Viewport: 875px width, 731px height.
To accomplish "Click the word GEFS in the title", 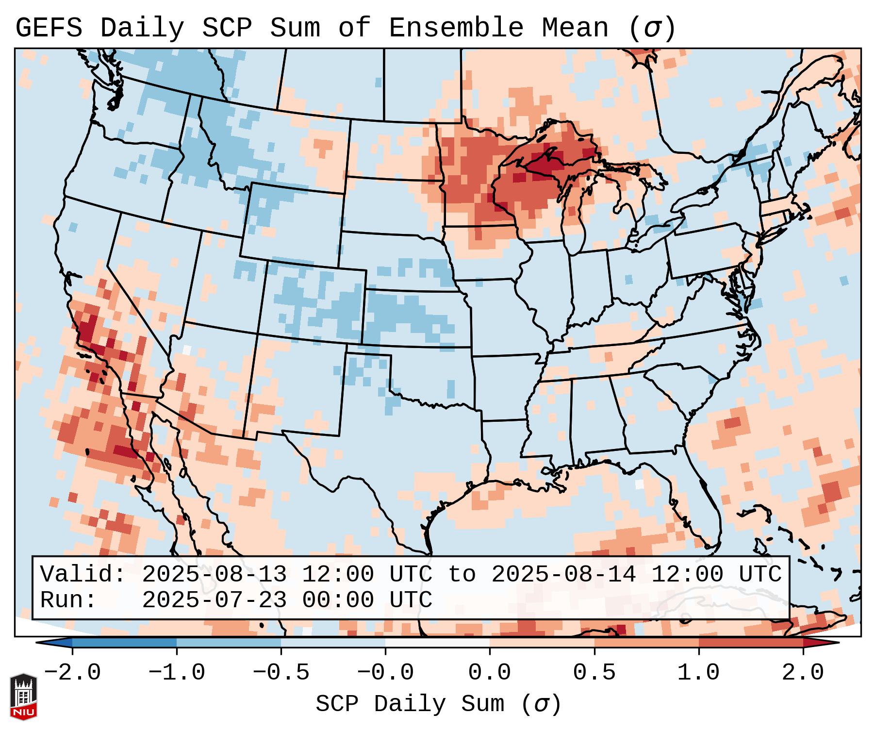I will (49, 28).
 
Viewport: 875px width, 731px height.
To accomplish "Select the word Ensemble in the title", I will (456, 28).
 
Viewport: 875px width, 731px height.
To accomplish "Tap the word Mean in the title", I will (575, 28).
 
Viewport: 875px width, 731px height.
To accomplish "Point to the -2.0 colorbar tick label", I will (72, 673).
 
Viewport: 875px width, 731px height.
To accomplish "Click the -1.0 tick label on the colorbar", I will (177, 673).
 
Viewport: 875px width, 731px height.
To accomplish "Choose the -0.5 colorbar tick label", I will (281, 673).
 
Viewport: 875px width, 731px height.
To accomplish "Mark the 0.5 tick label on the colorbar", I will (594, 673).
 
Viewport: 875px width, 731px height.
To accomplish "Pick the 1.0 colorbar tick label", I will (698, 673).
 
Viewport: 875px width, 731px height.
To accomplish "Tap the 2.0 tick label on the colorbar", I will (803, 673).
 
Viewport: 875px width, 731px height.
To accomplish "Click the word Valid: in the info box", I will (83, 575).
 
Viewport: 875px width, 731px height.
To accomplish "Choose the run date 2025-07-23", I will (214, 600).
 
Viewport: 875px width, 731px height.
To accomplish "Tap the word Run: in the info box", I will (68, 600).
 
